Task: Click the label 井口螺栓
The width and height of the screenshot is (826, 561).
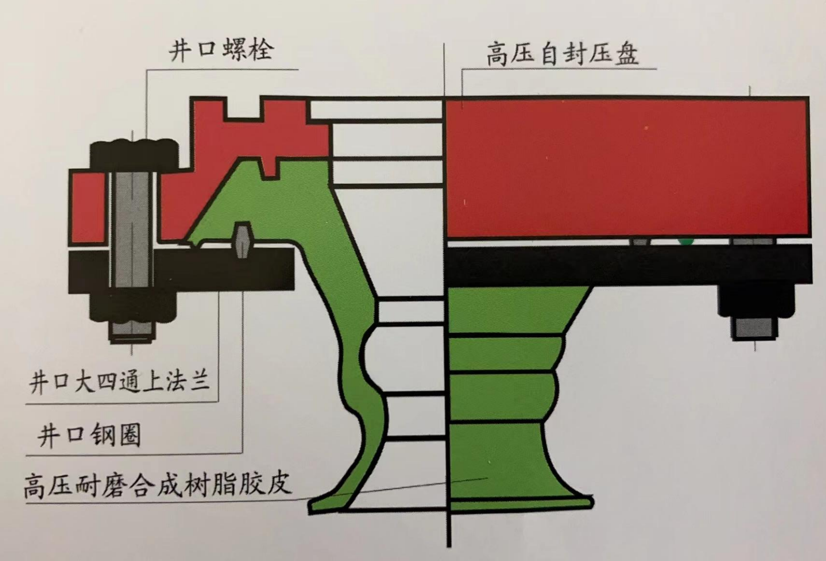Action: pyautogui.click(x=221, y=51)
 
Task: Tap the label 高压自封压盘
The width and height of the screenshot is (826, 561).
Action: pyautogui.click(x=562, y=55)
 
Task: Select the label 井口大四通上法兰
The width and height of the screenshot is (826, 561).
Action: pyautogui.click(x=119, y=383)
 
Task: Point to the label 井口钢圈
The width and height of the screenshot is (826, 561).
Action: pyautogui.click(x=89, y=435)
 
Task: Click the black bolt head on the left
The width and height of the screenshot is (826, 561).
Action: pyautogui.click(x=134, y=153)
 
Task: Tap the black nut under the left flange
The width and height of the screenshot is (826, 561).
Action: pyautogui.click(x=133, y=308)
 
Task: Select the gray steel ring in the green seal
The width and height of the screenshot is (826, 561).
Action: pyautogui.click(x=242, y=240)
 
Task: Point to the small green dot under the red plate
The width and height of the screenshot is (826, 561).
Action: pyautogui.click(x=685, y=242)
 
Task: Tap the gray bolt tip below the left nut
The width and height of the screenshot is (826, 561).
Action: pyautogui.click(x=131, y=330)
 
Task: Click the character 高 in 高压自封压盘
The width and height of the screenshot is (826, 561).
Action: pyautogui.click(x=498, y=55)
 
